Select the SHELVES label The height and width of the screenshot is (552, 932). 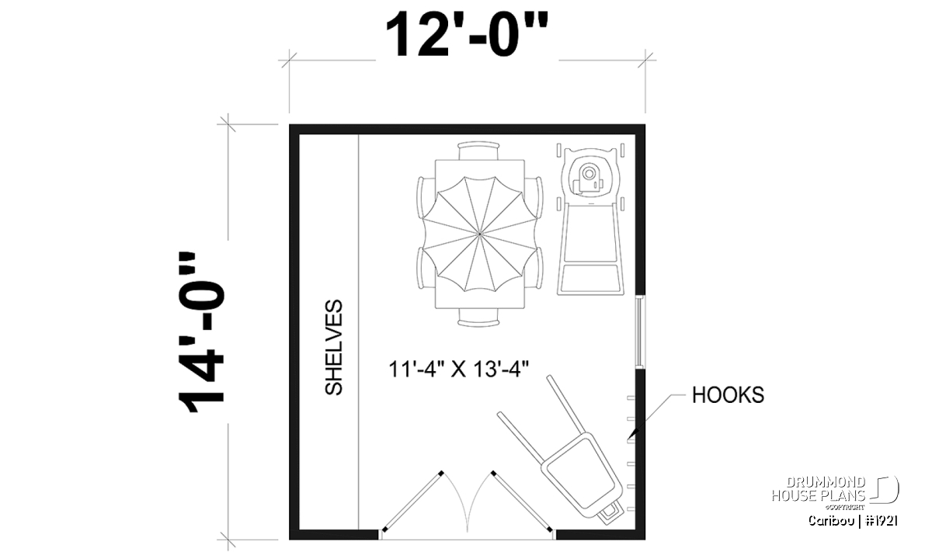click(x=334, y=347)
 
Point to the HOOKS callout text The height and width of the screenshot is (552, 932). click(x=728, y=394)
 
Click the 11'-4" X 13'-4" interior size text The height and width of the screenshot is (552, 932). click(x=458, y=369)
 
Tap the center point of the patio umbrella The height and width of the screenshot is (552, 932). click(x=480, y=234)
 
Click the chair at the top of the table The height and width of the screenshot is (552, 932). click(x=478, y=151)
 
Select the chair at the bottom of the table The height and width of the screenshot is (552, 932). click(x=478, y=318)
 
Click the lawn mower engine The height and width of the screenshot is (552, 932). click(x=587, y=179)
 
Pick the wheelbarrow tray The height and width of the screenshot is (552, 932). click(x=581, y=476)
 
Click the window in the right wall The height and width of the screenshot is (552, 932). click(x=640, y=332)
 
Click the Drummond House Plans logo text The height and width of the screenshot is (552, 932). click(x=818, y=489)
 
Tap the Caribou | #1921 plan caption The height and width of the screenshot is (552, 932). click(x=853, y=521)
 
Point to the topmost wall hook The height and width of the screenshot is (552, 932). click(x=631, y=398)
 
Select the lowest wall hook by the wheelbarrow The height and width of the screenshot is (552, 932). click(x=631, y=509)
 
